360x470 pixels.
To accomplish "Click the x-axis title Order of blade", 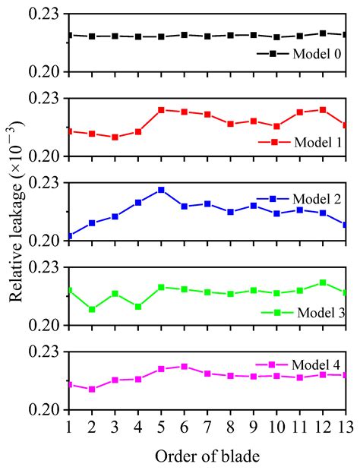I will tap(206, 457).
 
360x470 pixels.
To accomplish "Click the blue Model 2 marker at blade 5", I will tap(161, 190).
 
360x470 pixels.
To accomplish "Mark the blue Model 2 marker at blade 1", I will tap(68, 236).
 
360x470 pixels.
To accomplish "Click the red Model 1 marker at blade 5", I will tap(161, 110).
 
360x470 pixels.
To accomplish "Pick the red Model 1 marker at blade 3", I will tap(115, 137).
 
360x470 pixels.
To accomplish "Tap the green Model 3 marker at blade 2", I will tap(92, 309).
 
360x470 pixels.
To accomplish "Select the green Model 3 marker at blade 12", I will tap(323, 282).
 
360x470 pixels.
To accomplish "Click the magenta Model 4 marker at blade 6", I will tap(184, 367).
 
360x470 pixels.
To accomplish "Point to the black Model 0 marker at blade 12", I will tap(323, 33).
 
